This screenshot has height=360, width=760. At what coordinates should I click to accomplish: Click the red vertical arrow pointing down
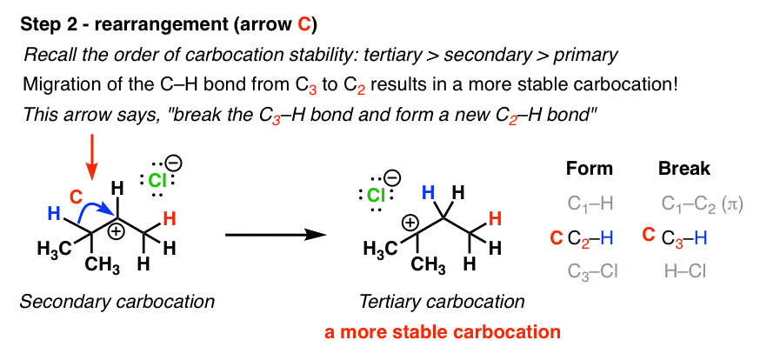(91, 163)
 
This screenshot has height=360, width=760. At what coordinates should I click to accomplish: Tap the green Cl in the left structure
(157, 181)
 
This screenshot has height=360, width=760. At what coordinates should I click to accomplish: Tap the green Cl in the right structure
(377, 196)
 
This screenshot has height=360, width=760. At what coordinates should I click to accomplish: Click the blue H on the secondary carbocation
(56, 213)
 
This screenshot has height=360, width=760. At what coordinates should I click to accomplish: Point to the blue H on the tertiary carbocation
(428, 193)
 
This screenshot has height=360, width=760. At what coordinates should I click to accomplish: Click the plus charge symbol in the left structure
(117, 231)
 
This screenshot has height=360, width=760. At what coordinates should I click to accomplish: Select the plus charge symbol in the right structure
(410, 223)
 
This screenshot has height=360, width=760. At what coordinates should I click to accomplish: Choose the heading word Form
(590, 168)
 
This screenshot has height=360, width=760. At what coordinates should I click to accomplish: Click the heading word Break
(683, 168)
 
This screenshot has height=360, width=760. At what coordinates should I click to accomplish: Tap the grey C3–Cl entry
(592, 271)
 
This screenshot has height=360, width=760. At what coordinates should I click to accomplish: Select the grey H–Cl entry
(685, 271)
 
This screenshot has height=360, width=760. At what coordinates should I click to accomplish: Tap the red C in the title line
(303, 25)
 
